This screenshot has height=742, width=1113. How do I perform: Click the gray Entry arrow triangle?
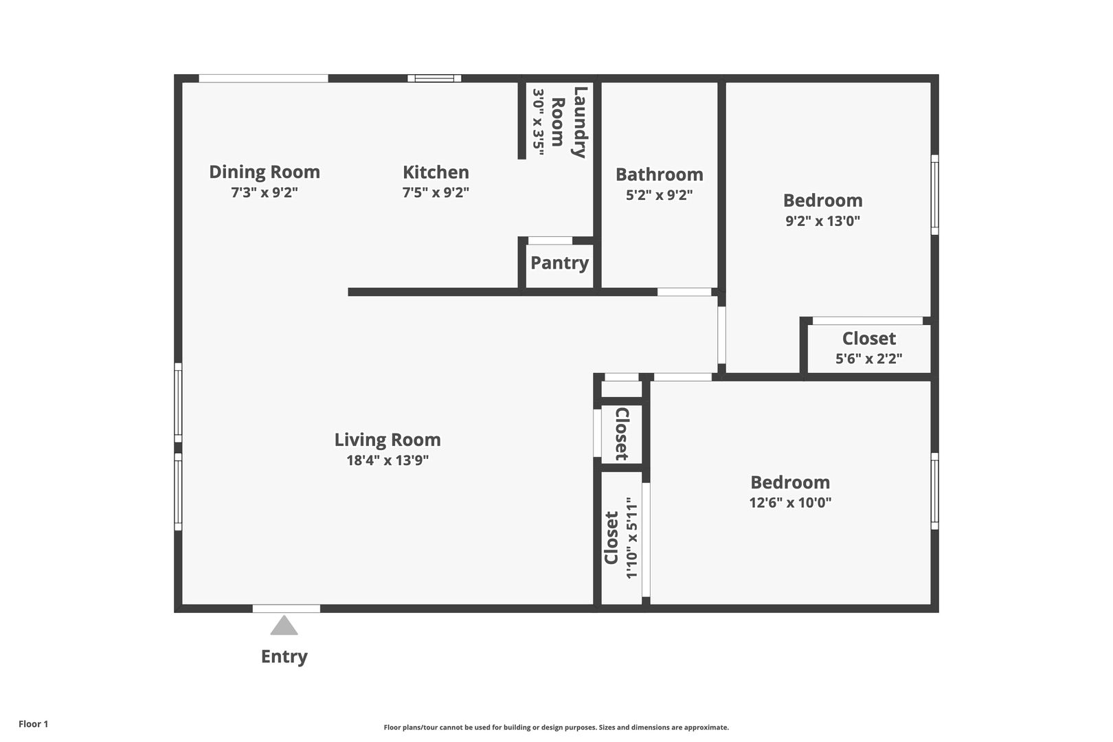click(284, 626)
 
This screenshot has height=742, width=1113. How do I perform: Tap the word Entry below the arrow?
click(284, 657)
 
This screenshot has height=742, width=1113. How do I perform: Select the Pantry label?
click(559, 263)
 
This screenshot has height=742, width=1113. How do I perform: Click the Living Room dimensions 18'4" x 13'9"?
click(387, 460)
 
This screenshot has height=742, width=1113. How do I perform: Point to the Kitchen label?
click(436, 172)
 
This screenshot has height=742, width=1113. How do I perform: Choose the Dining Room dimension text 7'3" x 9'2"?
click(265, 192)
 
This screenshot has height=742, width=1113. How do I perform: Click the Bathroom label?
click(660, 175)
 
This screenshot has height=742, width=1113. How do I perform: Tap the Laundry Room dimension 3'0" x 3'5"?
click(538, 122)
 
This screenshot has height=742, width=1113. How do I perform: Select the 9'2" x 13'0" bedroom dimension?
click(823, 221)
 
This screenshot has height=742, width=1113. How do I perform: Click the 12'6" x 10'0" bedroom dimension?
click(790, 502)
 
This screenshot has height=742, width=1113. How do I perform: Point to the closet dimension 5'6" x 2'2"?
click(868, 359)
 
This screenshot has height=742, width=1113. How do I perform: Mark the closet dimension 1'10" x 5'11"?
click(631, 538)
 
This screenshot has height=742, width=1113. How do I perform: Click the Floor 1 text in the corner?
click(33, 723)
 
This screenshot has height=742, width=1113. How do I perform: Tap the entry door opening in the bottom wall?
click(286, 609)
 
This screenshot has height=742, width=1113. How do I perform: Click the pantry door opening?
click(550, 240)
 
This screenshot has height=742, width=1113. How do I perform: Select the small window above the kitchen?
click(434, 78)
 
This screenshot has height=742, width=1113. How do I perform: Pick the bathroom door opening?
click(685, 292)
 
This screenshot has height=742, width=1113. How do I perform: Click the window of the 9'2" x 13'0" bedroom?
click(934, 194)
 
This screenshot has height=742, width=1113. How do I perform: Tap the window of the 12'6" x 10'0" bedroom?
click(934, 491)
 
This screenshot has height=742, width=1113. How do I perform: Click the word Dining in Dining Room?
click(237, 172)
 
